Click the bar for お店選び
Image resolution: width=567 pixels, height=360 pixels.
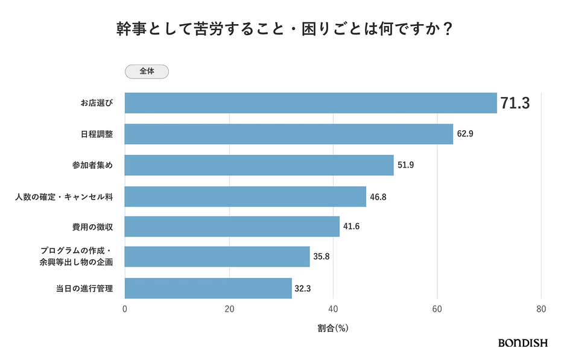coord(310,103)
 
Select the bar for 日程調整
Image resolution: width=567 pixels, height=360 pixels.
coord(288,134)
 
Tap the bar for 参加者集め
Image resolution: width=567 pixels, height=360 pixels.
coord(259,165)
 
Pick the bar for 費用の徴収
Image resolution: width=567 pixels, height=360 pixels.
coord(232,227)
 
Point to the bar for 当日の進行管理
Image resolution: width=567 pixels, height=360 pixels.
coord(208,288)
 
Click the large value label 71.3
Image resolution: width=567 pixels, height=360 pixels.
coord(515,104)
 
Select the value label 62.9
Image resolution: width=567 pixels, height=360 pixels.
coord(465,134)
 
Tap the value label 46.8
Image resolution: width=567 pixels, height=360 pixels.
coord(378,197)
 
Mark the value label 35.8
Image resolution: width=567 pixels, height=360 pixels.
coord(322,257)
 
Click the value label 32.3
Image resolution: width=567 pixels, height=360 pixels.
coord(303,289)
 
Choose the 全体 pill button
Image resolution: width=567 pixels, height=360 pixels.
coord(147,71)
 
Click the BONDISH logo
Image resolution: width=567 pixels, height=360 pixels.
coord(522,343)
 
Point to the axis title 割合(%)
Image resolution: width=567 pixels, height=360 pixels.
coord(333,329)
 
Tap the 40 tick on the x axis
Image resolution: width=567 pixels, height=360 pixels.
coord(333,309)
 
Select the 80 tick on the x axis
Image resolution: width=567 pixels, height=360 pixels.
coord(541,309)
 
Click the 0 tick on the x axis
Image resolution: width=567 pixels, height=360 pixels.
coord(125,309)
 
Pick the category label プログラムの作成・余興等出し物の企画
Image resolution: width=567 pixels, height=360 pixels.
coord(77,256)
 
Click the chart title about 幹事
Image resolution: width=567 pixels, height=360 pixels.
coord(283,30)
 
